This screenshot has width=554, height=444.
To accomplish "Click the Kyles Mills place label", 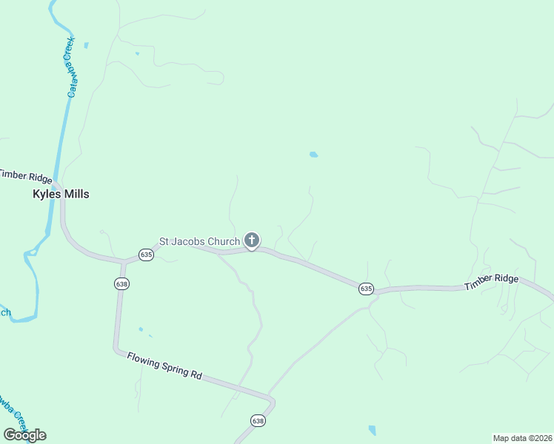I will [x=61, y=194].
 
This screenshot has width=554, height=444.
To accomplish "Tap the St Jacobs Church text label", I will [x=199, y=241].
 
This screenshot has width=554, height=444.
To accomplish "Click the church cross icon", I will [x=252, y=240].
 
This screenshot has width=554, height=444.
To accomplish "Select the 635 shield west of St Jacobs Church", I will [x=146, y=254].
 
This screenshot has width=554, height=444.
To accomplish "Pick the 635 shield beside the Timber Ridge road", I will [x=366, y=288].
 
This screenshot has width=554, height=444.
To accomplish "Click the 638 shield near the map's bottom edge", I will [x=258, y=420].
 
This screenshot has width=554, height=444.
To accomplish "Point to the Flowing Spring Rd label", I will [x=164, y=366].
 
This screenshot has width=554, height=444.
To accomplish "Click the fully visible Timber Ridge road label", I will [x=492, y=282].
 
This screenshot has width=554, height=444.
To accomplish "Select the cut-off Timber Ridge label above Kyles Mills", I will [x=25, y=176].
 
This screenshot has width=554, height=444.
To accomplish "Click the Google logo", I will [x=24, y=434].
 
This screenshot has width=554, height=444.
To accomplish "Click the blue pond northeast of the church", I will [x=313, y=155].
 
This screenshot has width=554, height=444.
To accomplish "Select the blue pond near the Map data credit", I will [x=372, y=430].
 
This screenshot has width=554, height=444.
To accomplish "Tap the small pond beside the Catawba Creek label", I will [x=86, y=46].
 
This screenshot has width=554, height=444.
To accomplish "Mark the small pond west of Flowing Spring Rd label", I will [x=140, y=329].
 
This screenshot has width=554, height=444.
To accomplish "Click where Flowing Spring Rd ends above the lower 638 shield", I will [x=273, y=402].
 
